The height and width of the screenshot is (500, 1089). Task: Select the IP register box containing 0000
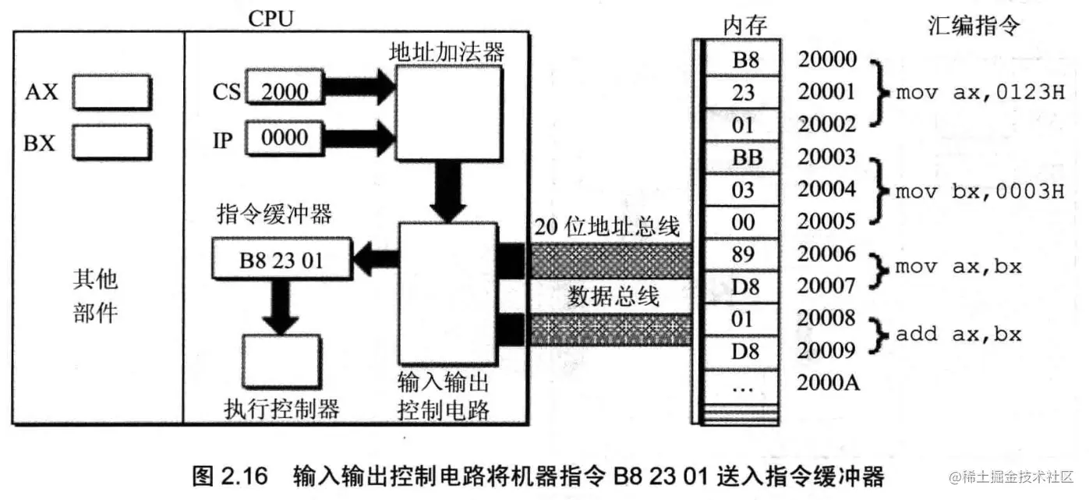[x=284, y=139]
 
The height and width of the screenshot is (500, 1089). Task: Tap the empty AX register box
[x=111, y=92]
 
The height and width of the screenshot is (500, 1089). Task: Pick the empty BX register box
[x=111, y=143]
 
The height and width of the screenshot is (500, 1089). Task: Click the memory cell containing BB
[x=743, y=158]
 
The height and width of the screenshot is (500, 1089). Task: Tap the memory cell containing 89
[x=743, y=254]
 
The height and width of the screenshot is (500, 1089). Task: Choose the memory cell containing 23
[x=743, y=93]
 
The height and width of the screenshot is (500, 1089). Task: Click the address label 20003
[x=827, y=157]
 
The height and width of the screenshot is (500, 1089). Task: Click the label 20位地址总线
[x=607, y=228]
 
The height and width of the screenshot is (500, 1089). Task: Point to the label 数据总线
[x=613, y=296]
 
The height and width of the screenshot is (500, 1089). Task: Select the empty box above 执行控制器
[x=281, y=363]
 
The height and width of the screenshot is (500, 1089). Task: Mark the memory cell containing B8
[x=743, y=60]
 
